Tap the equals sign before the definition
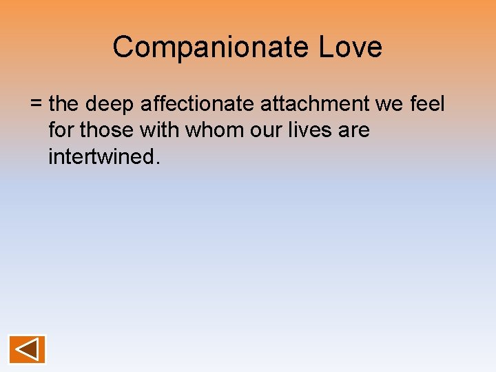pos(37,105)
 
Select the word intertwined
pos(101,156)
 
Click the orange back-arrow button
pos(28,349)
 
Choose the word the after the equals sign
pos(65,104)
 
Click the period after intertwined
pos(158,162)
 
